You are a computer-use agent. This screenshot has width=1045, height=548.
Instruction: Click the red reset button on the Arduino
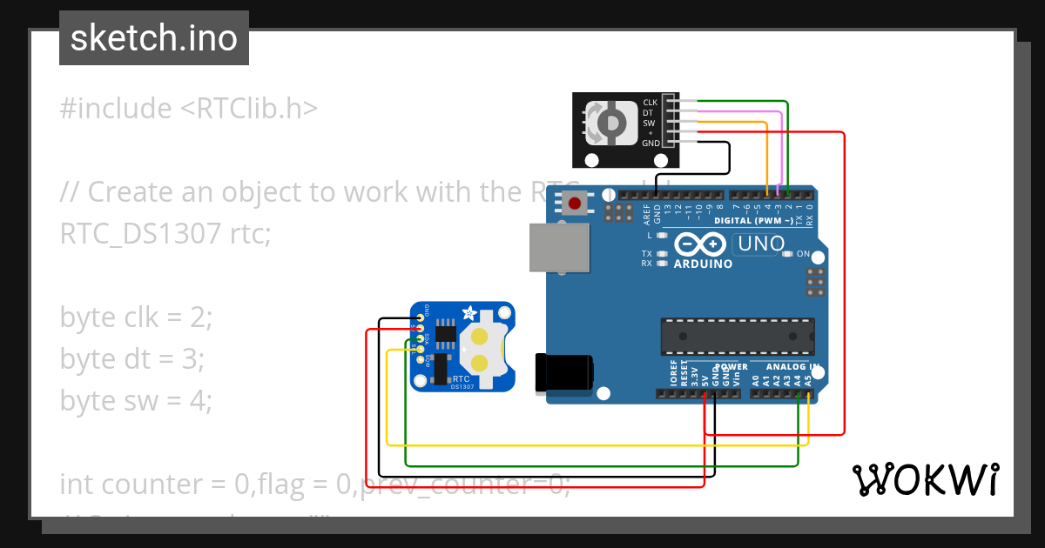pos(575,204)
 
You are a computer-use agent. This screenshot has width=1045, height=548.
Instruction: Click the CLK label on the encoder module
pos(650,103)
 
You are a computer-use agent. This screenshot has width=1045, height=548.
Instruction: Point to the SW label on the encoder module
pos(649,123)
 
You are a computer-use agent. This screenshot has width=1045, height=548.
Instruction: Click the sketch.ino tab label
pos(154,38)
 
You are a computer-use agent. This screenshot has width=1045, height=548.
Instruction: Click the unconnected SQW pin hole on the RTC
pos(421,358)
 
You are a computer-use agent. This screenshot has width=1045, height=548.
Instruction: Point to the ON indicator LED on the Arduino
pos(787,255)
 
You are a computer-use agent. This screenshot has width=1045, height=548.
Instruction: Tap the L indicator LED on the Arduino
pos(662,236)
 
